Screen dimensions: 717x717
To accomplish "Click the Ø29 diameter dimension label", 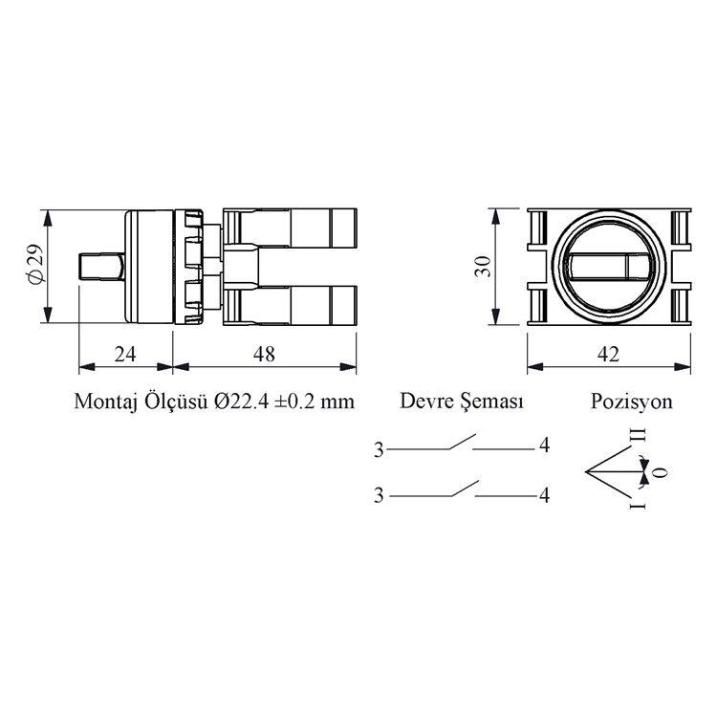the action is (x=35, y=265).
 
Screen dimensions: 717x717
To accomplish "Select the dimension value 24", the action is (x=125, y=354).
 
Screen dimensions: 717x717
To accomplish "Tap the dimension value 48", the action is (x=264, y=354).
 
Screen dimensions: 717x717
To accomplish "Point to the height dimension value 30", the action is (x=483, y=266).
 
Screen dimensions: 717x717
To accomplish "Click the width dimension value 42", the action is (x=609, y=354).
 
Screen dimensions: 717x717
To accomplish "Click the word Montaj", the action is (x=105, y=402).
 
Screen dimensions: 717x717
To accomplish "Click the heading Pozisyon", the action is (x=632, y=402).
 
